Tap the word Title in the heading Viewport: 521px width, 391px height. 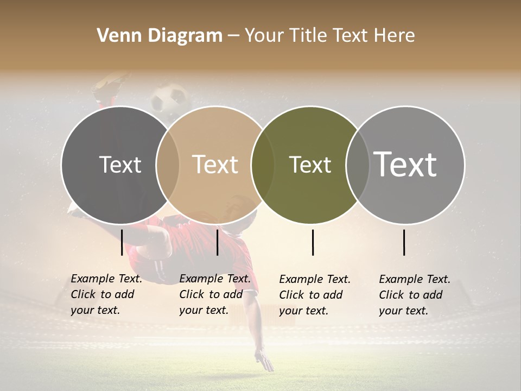point(308,36)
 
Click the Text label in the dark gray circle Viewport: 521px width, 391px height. point(120,165)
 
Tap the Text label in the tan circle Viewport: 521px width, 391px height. point(215,165)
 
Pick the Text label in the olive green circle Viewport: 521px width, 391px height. point(310,165)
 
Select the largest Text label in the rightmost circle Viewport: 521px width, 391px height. point(405,165)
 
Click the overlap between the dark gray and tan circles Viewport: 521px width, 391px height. point(168,165)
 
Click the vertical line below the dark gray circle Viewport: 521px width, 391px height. point(122,242)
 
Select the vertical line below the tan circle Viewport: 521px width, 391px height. point(217,242)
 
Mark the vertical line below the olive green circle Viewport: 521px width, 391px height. point(313,242)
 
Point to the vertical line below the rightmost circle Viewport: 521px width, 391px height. point(404,242)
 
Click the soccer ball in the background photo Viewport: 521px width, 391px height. point(169,98)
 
